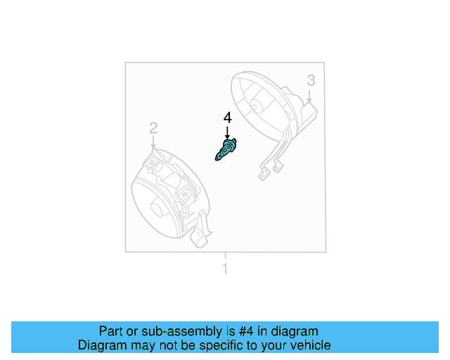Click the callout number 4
pos(227,117)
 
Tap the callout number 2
pos(153,127)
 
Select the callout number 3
pos(311,82)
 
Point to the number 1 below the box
pos(225,268)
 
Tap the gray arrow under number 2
pos(153,141)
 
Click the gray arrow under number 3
pos(309,96)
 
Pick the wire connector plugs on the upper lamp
pos(269,172)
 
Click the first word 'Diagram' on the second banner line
pos(103,345)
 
